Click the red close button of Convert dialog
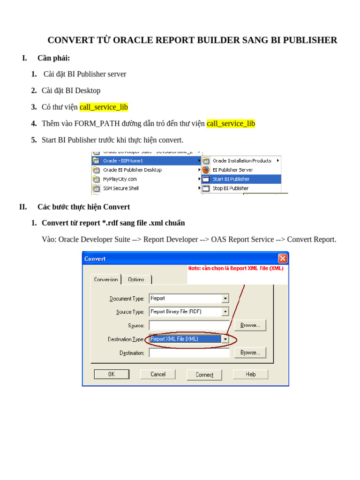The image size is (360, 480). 283,258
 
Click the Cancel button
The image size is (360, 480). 158,374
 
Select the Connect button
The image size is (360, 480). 204,375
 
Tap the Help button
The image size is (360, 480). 251,374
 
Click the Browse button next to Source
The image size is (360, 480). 250,325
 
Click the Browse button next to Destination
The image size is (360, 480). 250,352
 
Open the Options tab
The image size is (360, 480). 136,279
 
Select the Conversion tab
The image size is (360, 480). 106,279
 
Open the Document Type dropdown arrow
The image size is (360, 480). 225,299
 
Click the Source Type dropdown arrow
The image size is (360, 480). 225,312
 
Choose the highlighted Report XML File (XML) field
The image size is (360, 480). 185,339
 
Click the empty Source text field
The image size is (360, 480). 189,325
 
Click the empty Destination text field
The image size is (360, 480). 189,352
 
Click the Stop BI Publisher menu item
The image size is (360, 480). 230,188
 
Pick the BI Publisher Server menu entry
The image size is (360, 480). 232,170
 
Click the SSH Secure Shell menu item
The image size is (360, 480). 120,188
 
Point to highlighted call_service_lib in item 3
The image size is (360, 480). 104,107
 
